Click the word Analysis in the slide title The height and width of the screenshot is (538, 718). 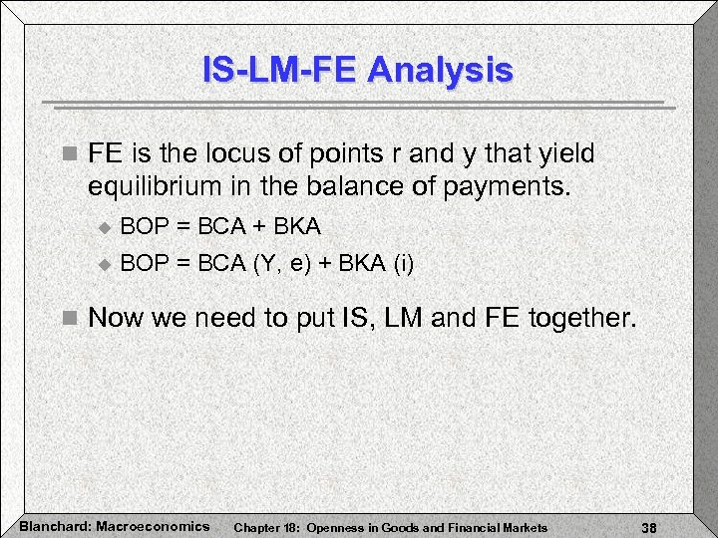(x=440, y=71)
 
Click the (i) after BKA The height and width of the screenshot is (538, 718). (x=404, y=264)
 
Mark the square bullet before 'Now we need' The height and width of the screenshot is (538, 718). (x=68, y=319)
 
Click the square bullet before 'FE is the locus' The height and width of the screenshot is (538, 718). (x=68, y=155)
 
